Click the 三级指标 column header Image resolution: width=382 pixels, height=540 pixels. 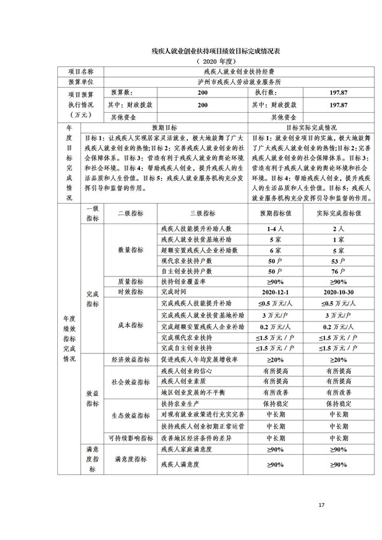202,214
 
